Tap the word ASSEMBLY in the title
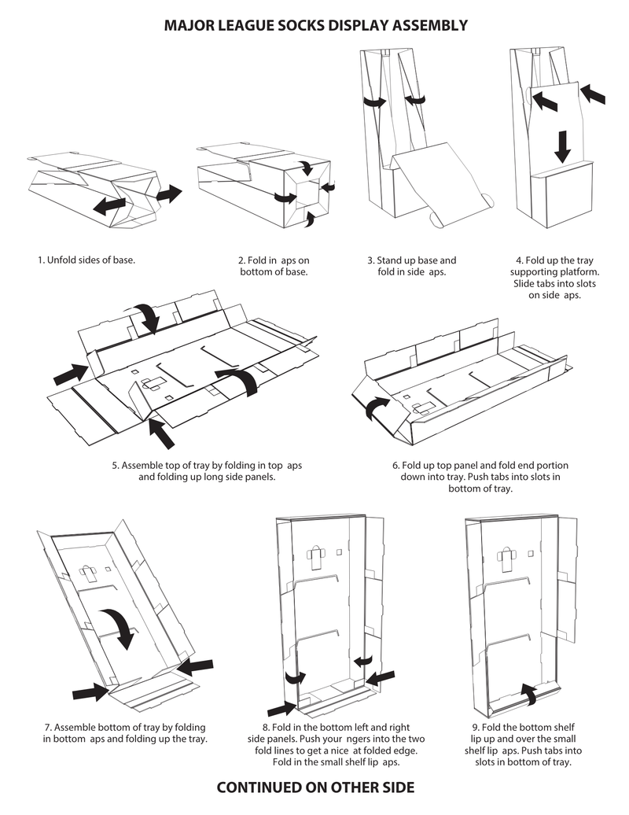point(427,26)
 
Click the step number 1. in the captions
point(41,260)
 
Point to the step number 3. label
point(371,260)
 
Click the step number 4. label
point(520,260)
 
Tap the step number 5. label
point(116,465)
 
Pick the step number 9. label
point(476,728)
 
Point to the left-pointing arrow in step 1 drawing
point(109,205)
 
